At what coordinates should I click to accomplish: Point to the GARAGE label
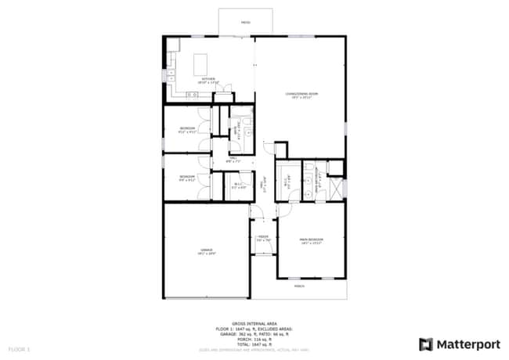[x=206, y=251]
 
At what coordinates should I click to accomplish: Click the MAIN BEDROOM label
[x=311, y=240]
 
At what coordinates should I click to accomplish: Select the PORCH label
[x=299, y=286]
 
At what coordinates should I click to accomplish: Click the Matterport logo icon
[x=426, y=344]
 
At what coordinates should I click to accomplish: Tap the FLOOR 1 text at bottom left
[x=19, y=347]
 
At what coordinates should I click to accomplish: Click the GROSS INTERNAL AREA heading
[x=254, y=322]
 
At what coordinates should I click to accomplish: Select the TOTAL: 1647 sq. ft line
[x=254, y=344]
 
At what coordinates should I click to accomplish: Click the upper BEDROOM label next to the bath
[x=187, y=129]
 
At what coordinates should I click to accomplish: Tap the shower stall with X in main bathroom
[x=336, y=189]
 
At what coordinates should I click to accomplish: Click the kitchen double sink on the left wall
[x=171, y=76]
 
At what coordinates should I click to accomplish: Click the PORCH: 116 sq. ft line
[x=254, y=339]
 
